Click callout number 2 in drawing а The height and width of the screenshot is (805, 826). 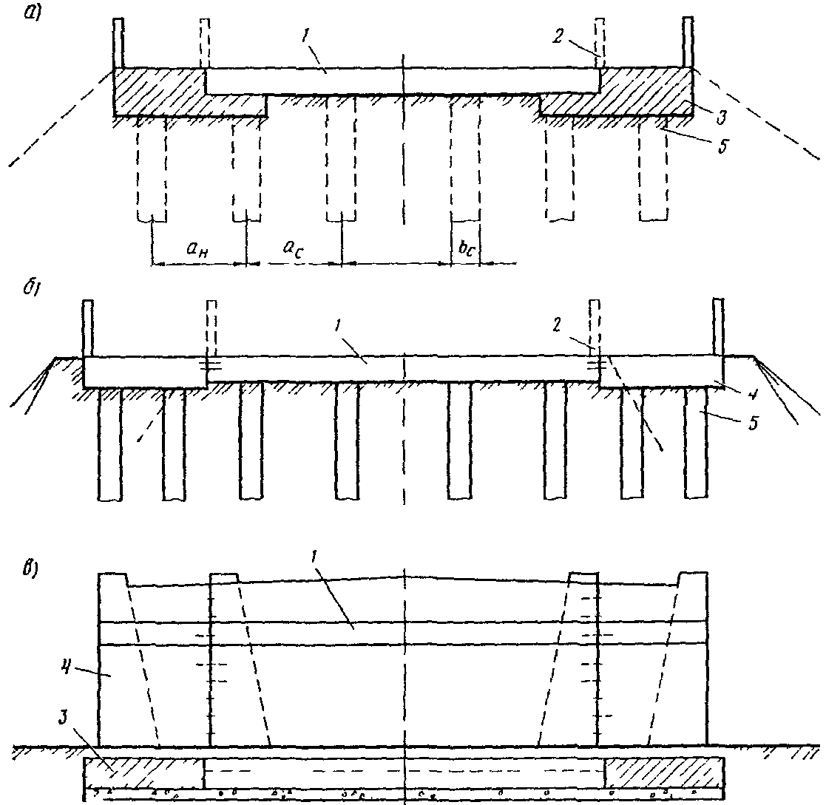(558, 35)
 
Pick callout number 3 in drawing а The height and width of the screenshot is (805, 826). (721, 117)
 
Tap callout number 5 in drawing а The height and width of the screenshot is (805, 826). (723, 146)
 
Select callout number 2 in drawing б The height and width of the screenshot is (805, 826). (557, 325)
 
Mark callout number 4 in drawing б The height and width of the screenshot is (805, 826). (751, 393)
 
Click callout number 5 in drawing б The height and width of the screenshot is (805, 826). (754, 423)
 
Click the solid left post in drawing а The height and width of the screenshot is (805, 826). (118, 43)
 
